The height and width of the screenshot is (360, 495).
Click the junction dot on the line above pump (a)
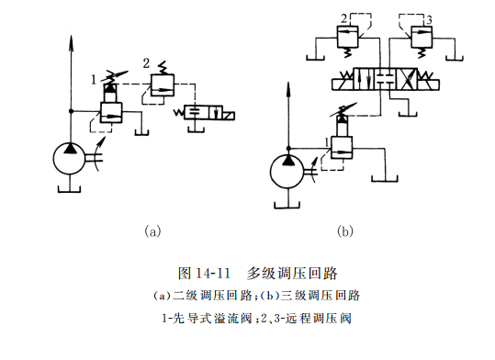point(70,110)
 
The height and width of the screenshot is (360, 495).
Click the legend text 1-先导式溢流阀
point(207,319)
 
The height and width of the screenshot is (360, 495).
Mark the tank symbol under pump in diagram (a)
point(70,189)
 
